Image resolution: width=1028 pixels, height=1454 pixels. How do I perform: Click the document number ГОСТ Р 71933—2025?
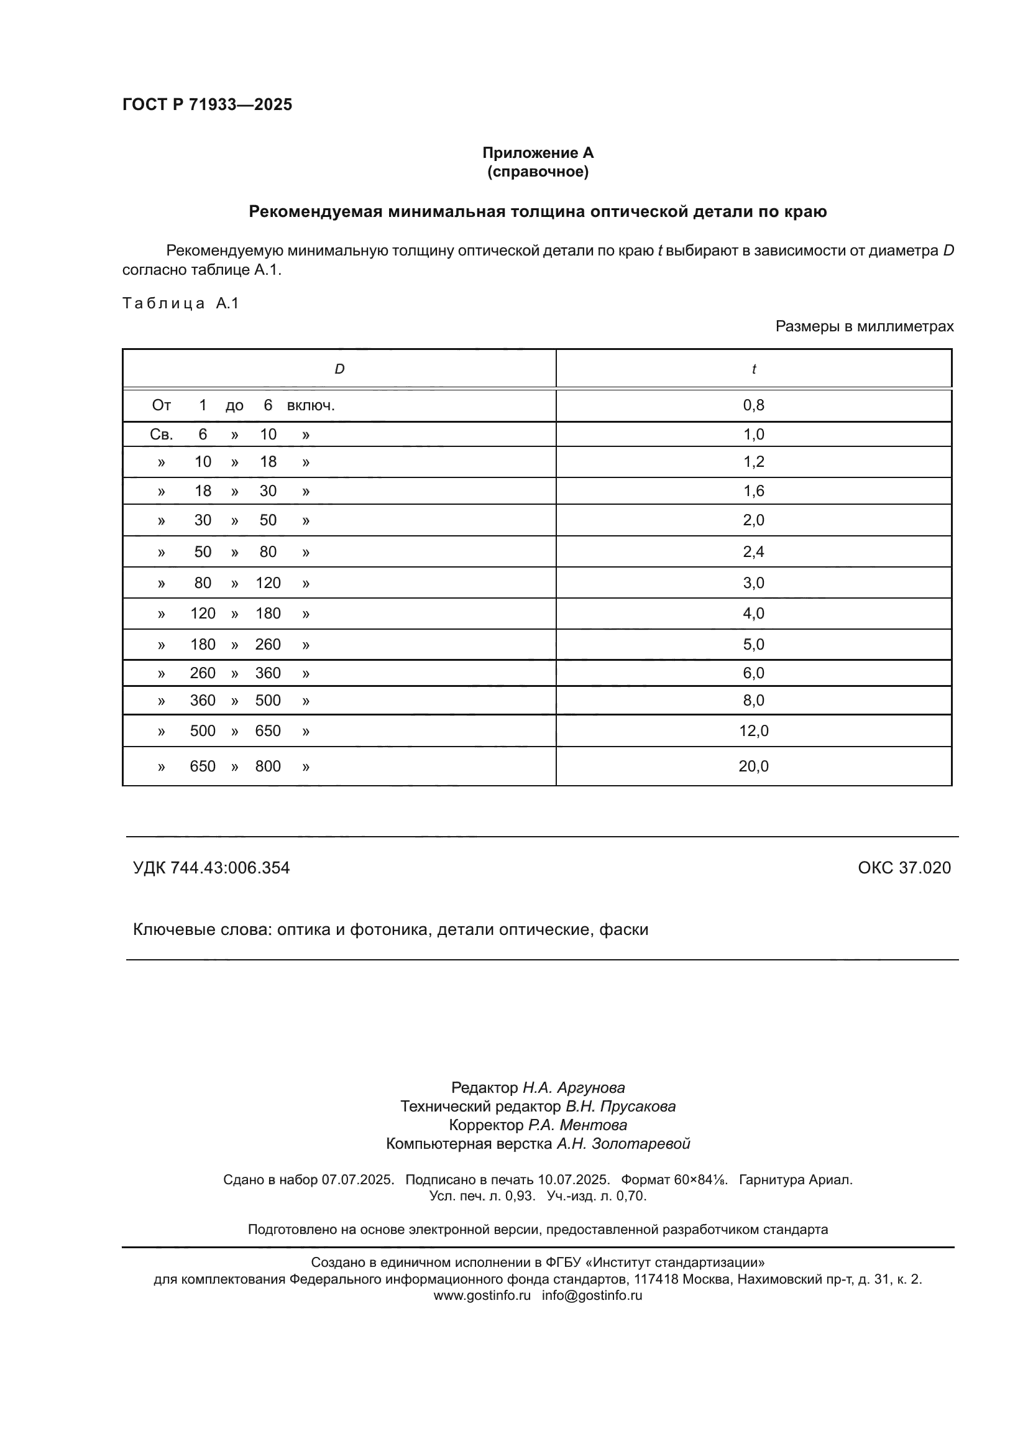pyautogui.click(x=207, y=104)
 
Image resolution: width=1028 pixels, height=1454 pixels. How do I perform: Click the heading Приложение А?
pyautogui.click(x=538, y=153)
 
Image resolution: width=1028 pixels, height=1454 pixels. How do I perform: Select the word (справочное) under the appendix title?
pyautogui.click(x=538, y=172)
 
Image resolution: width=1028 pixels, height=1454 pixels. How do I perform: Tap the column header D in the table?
pyautogui.click(x=339, y=369)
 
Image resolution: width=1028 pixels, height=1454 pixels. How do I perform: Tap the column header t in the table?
pyautogui.click(x=753, y=369)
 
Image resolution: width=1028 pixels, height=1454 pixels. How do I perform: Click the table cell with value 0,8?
pyautogui.click(x=753, y=405)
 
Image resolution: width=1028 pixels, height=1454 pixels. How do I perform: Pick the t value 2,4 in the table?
pyautogui.click(x=753, y=551)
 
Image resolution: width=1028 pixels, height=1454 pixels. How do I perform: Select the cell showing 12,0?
pyautogui.click(x=753, y=731)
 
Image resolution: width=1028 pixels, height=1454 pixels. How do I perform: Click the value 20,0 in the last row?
pyautogui.click(x=753, y=766)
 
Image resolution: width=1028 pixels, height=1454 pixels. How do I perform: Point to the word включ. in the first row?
pyautogui.click(x=310, y=405)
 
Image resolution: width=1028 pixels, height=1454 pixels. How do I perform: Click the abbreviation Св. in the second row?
pyautogui.click(x=162, y=435)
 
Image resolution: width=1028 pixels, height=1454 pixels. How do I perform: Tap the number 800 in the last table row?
pyautogui.click(x=268, y=766)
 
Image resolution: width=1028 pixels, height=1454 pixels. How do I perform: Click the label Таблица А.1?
pyautogui.click(x=180, y=303)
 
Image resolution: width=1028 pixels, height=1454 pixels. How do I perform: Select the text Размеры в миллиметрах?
pyautogui.click(x=864, y=327)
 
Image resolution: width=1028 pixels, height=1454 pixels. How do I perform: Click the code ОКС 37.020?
pyautogui.click(x=904, y=868)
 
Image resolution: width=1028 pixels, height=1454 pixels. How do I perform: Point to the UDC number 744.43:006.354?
pyautogui.click(x=230, y=868)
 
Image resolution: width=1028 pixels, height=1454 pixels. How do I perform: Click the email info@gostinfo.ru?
pyautogui.click(x=592, y=1295)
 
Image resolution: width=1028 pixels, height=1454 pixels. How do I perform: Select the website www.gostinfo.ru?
pyautogui.click(x=482, y=1295)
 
